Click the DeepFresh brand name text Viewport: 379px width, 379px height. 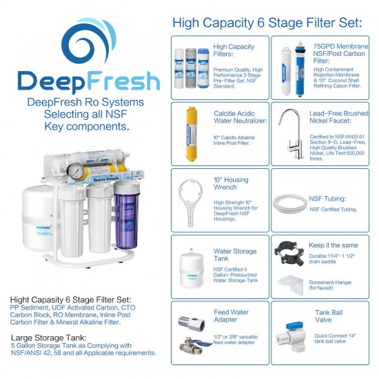coord(88,81)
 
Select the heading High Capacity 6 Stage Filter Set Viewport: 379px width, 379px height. coord(267,23)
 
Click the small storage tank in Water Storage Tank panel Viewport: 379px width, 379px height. coord(191,264)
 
